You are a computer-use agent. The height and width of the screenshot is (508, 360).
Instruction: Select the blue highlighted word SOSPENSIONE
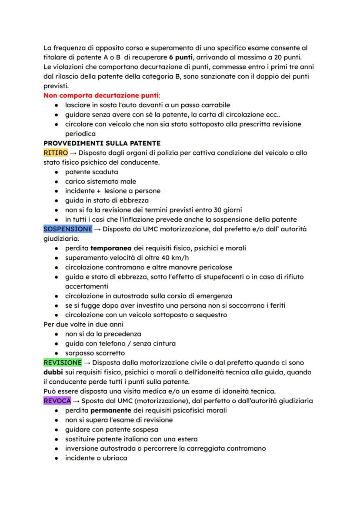[x=68, y=229]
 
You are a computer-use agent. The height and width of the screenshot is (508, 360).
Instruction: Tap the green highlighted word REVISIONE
[x=63, y=362]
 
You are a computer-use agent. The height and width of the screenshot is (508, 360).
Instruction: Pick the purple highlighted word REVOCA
[x=57, y=401]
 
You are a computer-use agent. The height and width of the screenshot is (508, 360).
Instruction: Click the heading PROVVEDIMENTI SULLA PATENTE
[x=102, y=143]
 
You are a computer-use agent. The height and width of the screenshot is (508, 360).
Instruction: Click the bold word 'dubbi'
[x=53, y=372]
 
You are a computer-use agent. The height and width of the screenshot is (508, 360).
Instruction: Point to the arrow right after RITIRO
[x=75, y=153]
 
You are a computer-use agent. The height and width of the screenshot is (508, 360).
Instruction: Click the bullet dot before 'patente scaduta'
[x=57, y=172]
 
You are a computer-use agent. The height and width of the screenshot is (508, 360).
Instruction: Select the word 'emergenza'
[x=215, y=296]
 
